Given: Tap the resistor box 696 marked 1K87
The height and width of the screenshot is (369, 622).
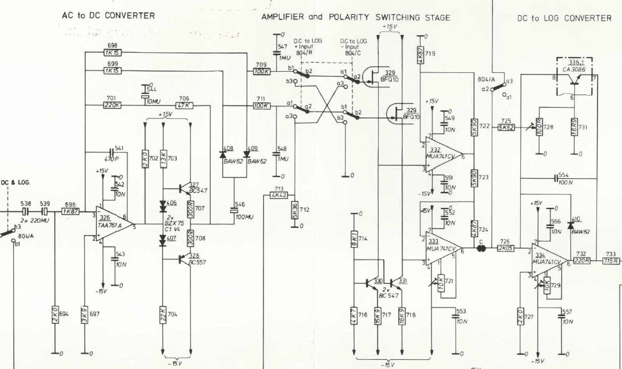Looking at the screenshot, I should [70, 210].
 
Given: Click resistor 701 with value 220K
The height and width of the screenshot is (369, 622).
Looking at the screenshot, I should [111, 105].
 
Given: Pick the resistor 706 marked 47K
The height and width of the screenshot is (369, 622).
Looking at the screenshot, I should [184, 105].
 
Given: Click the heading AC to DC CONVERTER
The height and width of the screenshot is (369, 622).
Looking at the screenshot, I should [108, 16].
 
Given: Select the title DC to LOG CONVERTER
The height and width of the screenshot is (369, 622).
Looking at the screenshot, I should [564, 18].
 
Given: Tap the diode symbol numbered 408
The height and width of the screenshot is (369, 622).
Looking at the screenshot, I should [223, 154].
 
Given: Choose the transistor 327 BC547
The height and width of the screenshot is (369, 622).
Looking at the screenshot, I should [183, 188].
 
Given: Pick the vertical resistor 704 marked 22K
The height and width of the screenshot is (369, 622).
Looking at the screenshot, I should [163, 314].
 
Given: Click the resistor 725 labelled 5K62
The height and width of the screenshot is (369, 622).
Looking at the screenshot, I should [505, 128].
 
